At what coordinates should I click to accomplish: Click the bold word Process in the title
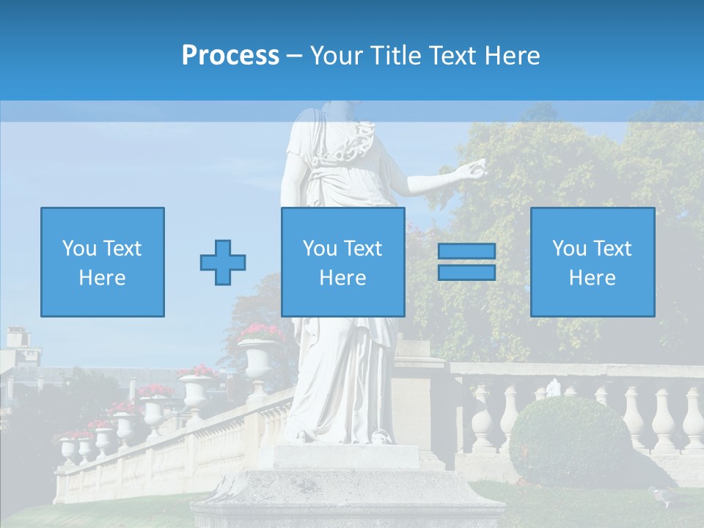(x=230, y=56)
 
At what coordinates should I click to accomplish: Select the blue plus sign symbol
(x=223, y=262)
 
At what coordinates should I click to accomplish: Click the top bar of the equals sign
(x=466, y=252)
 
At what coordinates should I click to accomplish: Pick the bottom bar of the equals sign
(x=466, y=272)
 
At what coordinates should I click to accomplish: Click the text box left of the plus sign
(x=103, y=262)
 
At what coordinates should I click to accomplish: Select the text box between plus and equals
(x=342, y=262)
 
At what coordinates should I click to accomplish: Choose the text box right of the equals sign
(x=592, y=262)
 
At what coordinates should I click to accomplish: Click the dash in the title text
(x=294, y=56)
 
